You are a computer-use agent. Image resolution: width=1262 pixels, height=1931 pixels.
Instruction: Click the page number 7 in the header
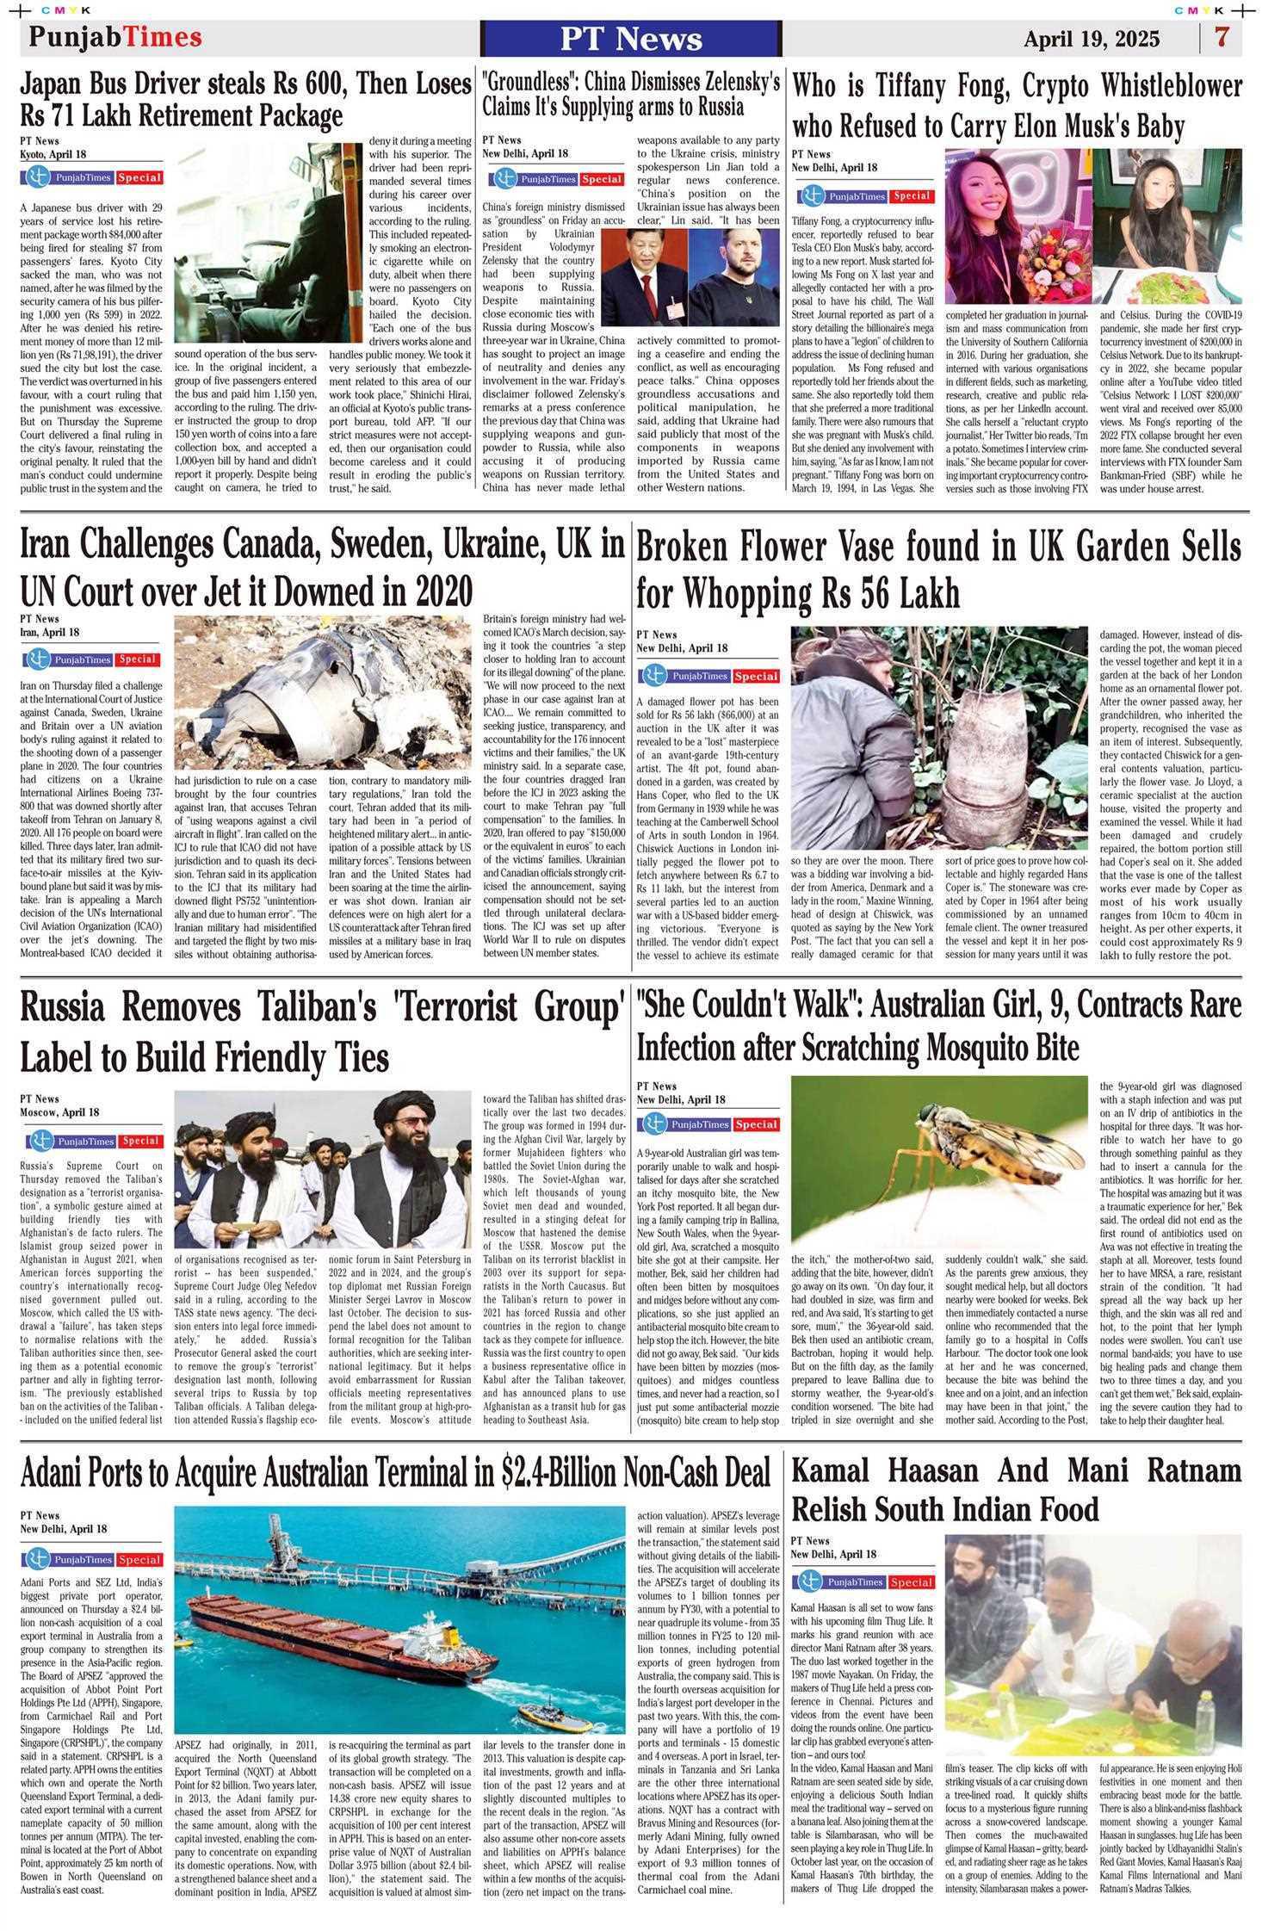(x=1222, y=38)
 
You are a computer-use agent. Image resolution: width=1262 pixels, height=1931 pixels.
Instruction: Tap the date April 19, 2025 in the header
(x=1091, y=40)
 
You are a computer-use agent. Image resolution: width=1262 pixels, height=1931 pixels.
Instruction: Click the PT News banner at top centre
(x=631, y=39)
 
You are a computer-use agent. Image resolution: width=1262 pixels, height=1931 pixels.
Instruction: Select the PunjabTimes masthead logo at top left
(x=115, y=37)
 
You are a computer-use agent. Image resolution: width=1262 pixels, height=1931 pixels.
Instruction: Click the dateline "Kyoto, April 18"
(x=53, y=154)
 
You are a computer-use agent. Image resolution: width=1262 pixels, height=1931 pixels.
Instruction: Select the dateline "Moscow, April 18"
(x=59, y=1112)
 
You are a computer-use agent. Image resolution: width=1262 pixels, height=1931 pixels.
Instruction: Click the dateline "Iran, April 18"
(x=50, y=632)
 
